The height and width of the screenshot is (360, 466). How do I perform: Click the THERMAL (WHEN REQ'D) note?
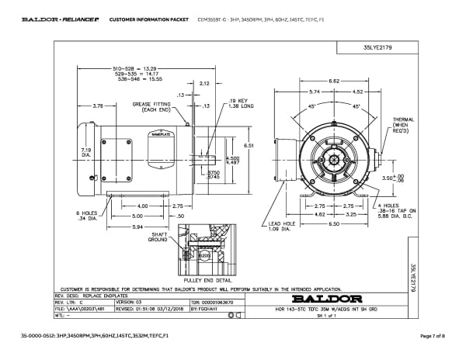[404, 126]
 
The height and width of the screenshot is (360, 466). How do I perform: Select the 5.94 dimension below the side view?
[116, 227]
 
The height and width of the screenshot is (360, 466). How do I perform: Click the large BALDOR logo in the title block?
[316, 298]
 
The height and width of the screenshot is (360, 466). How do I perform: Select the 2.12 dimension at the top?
[205, 82]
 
